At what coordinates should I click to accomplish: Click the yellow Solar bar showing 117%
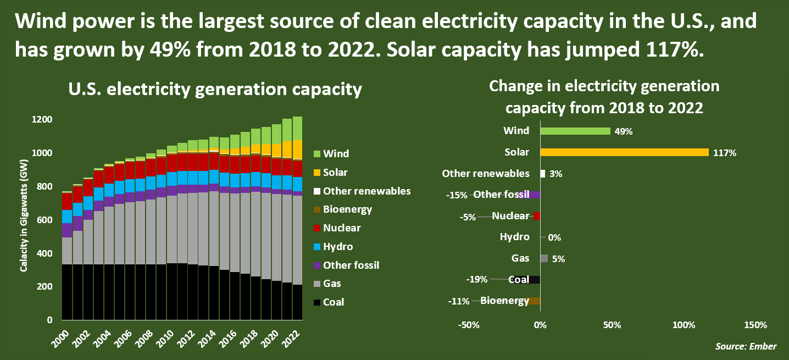click(x=624, y=152)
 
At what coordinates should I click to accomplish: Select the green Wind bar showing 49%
click(x=575, y=131)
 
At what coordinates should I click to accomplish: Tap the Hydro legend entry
click(x=332, y=247)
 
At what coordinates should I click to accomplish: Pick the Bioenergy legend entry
click(x=341, y=209)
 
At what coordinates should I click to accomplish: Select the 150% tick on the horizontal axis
click(x=755, y=325)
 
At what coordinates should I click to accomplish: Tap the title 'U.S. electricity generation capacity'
click(x=215, y=90)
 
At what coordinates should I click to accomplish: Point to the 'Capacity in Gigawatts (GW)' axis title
click(x=24, y=219)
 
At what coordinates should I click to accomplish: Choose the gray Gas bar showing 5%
click(x=544, y=258)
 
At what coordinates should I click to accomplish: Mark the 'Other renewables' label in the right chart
click(x=486, y=174)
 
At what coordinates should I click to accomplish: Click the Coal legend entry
click(x=329, y=302)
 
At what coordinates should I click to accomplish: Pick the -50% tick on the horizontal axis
click(x=468, y=325)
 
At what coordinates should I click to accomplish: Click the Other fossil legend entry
click(x=345, y=265)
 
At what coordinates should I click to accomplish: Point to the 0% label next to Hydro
click(x=554, y=238)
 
